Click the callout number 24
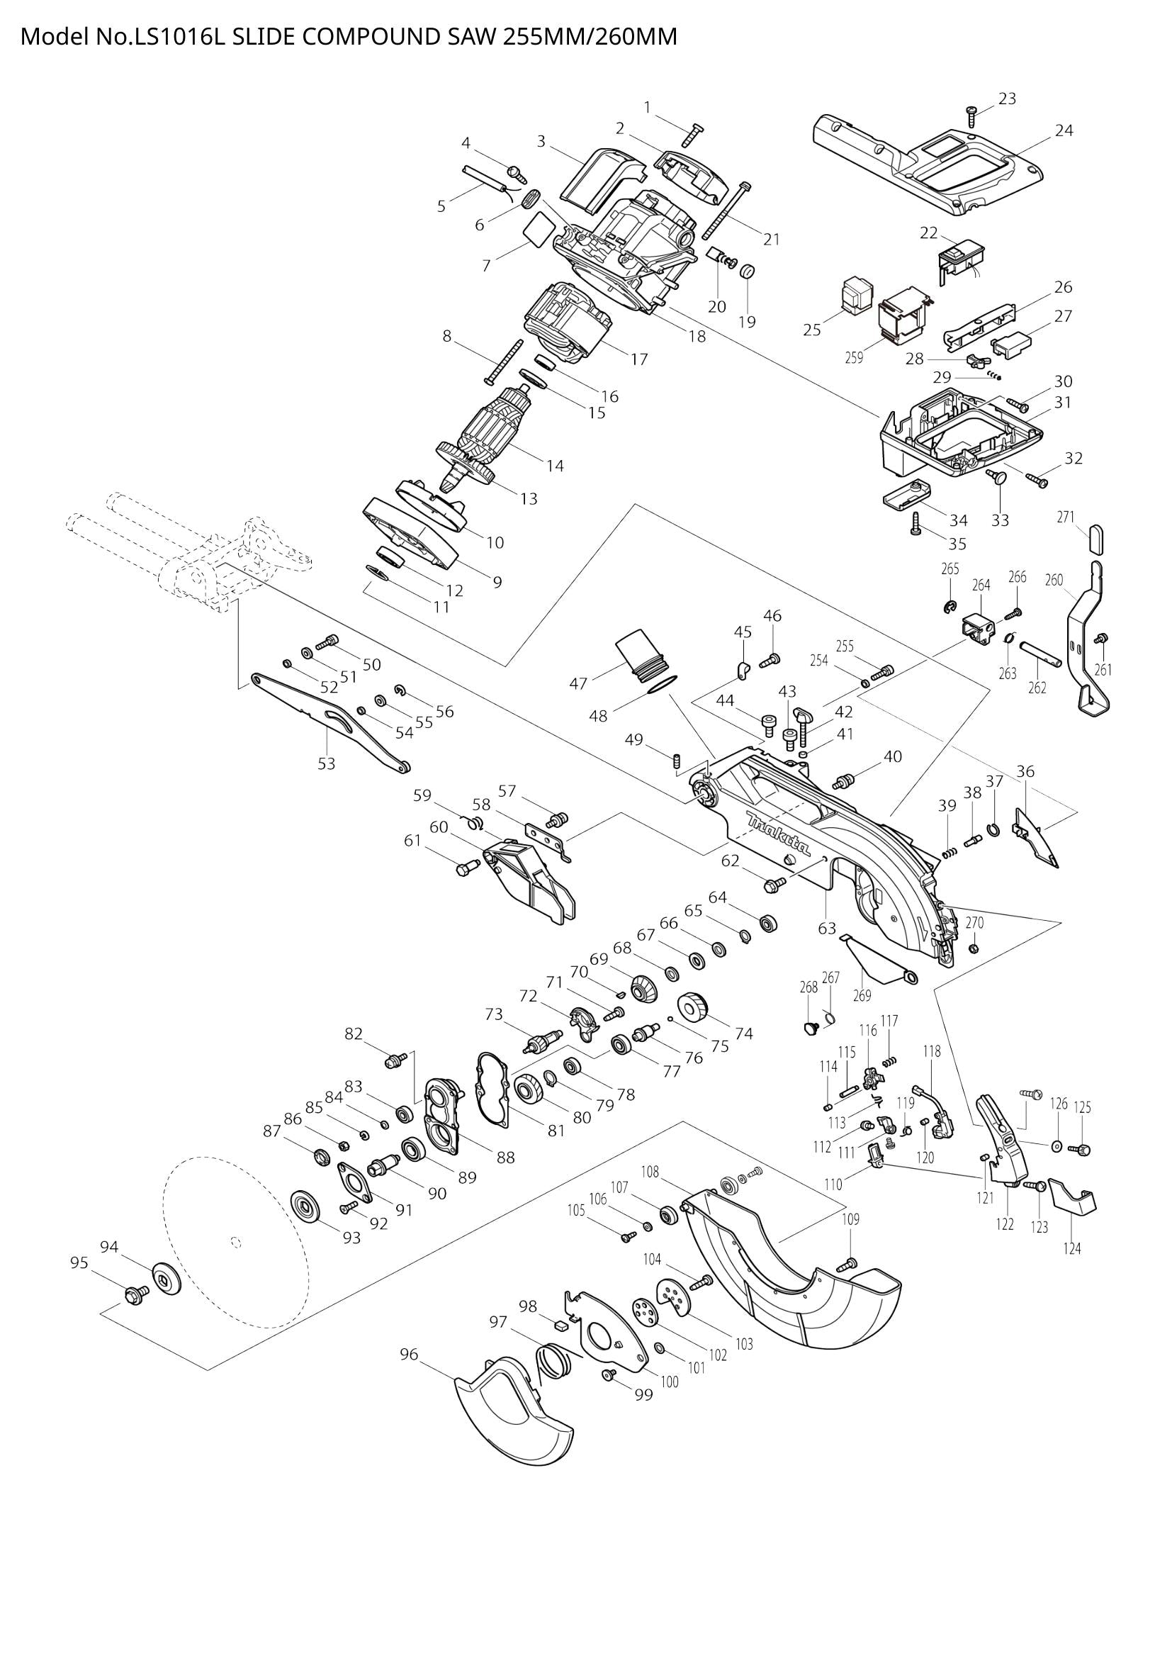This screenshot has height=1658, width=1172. [x=1064, y=130]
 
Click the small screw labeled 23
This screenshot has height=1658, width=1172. [x=971, y=113]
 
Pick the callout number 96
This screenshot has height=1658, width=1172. [x=409, y=1355]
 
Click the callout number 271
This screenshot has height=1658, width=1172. [x=1065, y=517]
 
